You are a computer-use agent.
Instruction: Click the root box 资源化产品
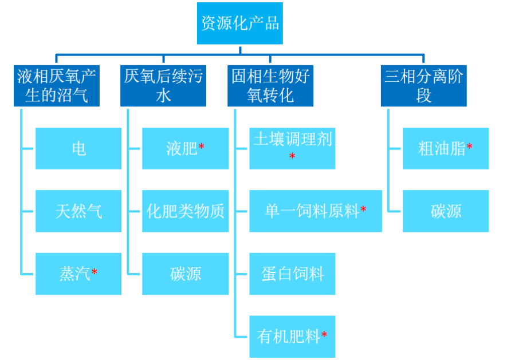point(239,23)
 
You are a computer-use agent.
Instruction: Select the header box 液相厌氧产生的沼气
point(57,86)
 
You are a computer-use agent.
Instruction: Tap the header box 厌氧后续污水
point(163,86)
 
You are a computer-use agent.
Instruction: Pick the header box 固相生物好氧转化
point(270,86)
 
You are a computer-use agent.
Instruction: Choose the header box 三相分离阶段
point(423,86)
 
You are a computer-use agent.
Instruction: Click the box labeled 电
point(78,149)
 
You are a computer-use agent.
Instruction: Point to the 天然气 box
point(78,211)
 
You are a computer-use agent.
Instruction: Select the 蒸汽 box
point(78,274)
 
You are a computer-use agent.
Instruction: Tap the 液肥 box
point(185,149)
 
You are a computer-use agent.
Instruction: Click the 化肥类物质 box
point(185,211)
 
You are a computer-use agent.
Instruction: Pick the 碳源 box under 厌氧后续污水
point(185,274)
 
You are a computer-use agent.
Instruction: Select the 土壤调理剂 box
point(292,148)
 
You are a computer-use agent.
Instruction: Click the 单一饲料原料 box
point(316,211)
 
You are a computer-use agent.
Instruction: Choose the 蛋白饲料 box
point(292,274)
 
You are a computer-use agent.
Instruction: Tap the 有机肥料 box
point(292,337)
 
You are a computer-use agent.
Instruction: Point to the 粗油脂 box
point(446,149)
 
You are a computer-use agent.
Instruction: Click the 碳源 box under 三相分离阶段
point(446,211)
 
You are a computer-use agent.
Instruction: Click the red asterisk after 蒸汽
point(95,272)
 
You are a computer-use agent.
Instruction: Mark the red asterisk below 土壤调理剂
point(292,156)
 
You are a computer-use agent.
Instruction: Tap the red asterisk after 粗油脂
point(470,147)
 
